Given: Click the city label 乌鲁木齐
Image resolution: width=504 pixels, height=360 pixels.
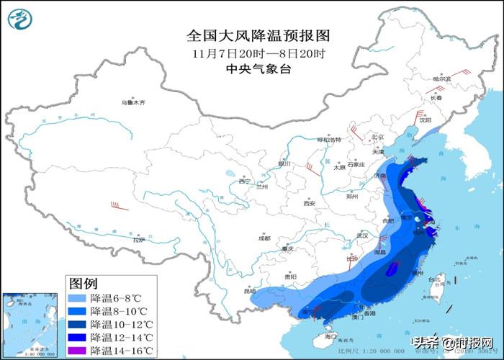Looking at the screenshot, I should (132, 103).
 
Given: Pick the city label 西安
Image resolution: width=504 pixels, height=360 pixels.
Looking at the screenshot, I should (310, 204).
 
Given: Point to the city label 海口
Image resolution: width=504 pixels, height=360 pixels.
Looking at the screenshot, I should (330, 336).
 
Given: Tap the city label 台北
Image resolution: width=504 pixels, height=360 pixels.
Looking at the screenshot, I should (434, 279).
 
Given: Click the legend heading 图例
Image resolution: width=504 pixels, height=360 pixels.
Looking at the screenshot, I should (83, 283).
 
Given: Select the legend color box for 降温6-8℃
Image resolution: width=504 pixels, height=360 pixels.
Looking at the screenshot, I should (78, 298).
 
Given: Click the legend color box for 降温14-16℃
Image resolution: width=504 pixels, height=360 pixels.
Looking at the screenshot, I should (78, 350).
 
